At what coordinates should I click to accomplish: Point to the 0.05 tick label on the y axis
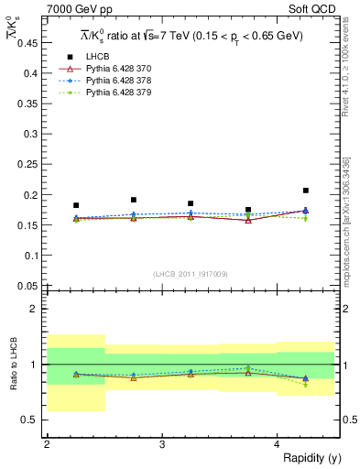coord(29,286)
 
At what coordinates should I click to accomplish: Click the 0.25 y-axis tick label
coord(29,164)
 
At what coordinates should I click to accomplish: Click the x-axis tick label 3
coord(162,444)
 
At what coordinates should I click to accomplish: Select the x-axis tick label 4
coord(278,444)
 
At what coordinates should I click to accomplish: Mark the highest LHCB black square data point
coord(306,191)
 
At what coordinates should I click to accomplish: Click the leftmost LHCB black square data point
coord(76,205)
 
